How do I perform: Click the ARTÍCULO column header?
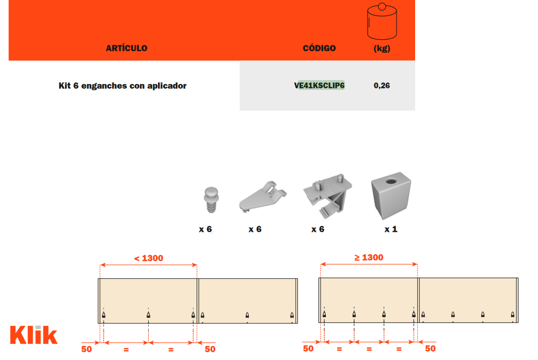[126, 49]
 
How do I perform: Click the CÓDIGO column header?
[319, 49]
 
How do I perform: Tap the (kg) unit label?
[382, 49]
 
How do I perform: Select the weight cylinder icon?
[382, 21]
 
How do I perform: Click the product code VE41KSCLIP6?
[319, 85]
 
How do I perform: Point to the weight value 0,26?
[382, 85]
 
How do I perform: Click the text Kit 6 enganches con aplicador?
[122, 86]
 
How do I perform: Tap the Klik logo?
[34, 335]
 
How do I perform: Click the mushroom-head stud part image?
[211, 200]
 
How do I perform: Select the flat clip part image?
[262, 197]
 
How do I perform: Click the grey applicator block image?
[391, 196]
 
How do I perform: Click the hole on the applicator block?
[391, 181]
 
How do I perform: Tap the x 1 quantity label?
[391, 229]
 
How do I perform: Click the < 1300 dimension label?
[149, 258]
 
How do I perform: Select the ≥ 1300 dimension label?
[369, 257]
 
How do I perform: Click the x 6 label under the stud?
[205, 229]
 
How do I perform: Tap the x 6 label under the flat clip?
[255, 229]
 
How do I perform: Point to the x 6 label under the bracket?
[318, 229]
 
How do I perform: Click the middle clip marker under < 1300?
[148, 315]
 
